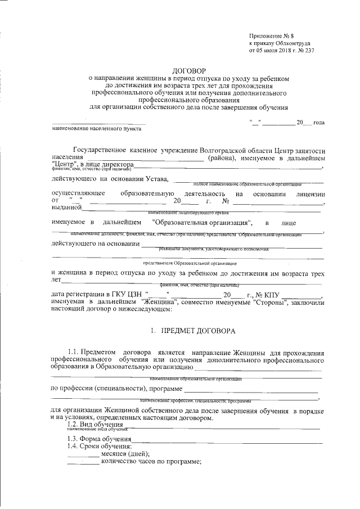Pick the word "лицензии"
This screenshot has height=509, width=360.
coord(308,193)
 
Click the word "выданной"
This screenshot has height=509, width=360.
coord(65,209)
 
